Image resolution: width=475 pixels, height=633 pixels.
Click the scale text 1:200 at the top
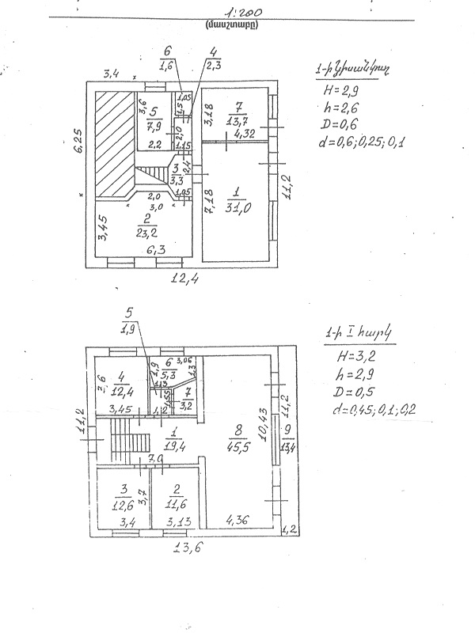242,13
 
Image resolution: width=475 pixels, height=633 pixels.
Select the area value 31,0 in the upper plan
236,207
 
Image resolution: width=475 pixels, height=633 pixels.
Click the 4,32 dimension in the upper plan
246,134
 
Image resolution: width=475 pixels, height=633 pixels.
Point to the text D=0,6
339,126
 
